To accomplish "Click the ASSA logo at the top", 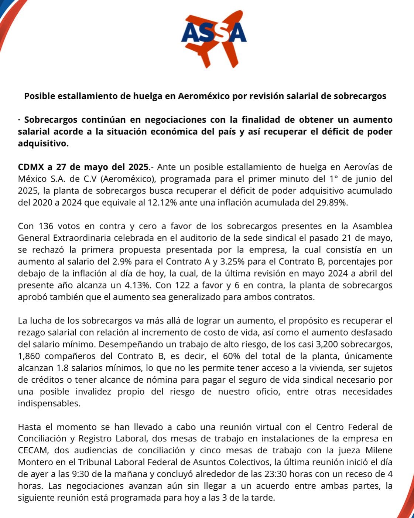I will pos(213,38).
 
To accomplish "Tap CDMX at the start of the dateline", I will pos(31,167).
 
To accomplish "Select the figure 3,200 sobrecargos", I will pos(325,344).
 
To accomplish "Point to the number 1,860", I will pos(30,356).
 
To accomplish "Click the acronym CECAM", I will pos(32,450).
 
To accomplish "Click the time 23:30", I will pos(277,474).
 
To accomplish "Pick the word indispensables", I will pos(49,403).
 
